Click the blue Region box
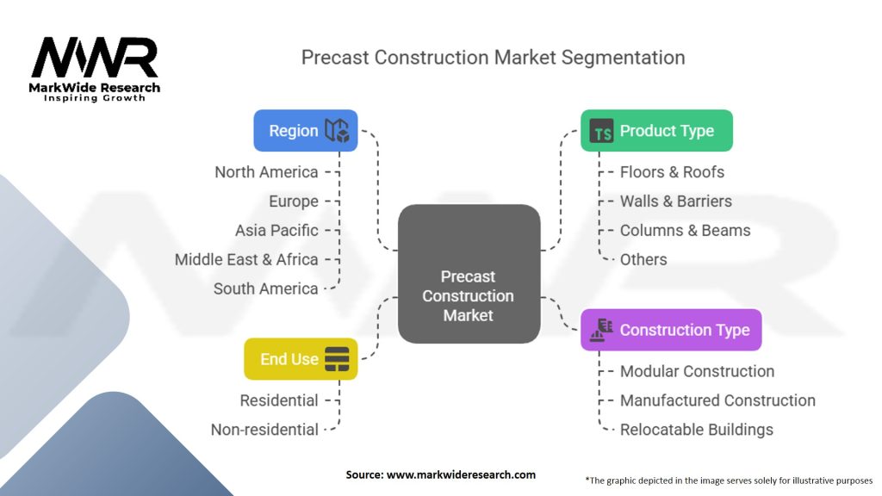pyautogui.click(x=306, y=131)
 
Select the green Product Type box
pyautogui.click(x=656, y=131)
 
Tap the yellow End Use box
pyautogui.click(x=301, y=359)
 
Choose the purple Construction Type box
pyautogui.click(x=671, y=330)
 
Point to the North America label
pyautogui.click(x=266, y=172)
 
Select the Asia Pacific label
pyautogui.click(x=276, y=231)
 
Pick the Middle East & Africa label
pyautogui.click(x=246, y=259)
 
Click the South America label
pyautogui.click(x=266, y=288)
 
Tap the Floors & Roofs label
pyautogui.click(x=672, y=172)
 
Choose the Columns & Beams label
pyautogui.click(x=685, y=231)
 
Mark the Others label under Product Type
pyautogui.click(x=643, y=259)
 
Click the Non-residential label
pyautogui.click(x=264, y=430)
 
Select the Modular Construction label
pyautogui.click(x=697, y=371)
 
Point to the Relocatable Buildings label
pyautogui.click(x=697, y=430)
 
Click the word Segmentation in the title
pyautogui.click(x=624, y=58)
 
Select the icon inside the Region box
pyautogui.click(x=337, y=131)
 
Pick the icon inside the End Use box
pyautogui.click(x=337, y=359)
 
